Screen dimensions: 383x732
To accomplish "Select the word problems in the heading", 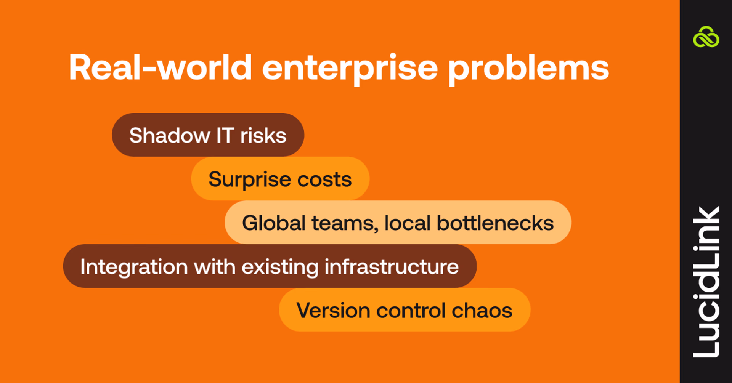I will (x=528, y=69).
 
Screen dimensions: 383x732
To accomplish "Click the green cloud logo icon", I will (x=706, y=37).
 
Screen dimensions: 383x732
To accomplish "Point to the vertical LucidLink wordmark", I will (x=706, y=282).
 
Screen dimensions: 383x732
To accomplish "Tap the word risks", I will (x=263, y=135).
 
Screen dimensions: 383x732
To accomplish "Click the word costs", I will (x=324, y=179).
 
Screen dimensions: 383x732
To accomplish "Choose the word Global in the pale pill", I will (x=274, y=223).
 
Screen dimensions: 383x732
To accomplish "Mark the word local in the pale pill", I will (x=407, y=223).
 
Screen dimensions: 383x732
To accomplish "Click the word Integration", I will (x=134, y=267).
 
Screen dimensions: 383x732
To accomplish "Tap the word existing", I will (x=280, y=267).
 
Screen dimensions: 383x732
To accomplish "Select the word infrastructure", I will (x=392, y=266).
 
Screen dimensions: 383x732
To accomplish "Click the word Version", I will (x=333, y=310).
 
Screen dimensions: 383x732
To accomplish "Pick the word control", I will (x=411, y=310).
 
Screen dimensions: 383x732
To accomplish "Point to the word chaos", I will (x=482, y=310).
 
